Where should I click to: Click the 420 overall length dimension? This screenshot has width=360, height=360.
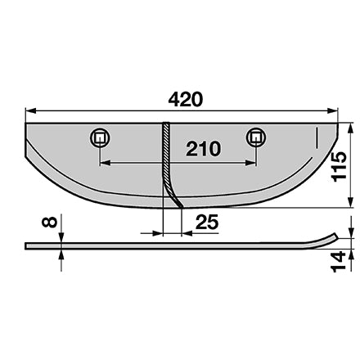(186, 100)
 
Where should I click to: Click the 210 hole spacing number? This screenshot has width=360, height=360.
(203, 149)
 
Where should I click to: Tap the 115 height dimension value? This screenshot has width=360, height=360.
(339, 166)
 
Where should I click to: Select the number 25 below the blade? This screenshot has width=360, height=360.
(207, 222)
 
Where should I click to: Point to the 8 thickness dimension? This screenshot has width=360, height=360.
(49, 222)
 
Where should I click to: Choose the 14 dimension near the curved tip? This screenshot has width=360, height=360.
(338, 262)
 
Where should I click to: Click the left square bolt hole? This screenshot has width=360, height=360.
(100, 137)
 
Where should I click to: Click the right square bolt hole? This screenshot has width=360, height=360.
(256, 137)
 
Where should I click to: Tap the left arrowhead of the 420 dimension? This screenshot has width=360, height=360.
(30, 110)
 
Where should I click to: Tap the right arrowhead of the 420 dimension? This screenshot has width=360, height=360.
(332, 110)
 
